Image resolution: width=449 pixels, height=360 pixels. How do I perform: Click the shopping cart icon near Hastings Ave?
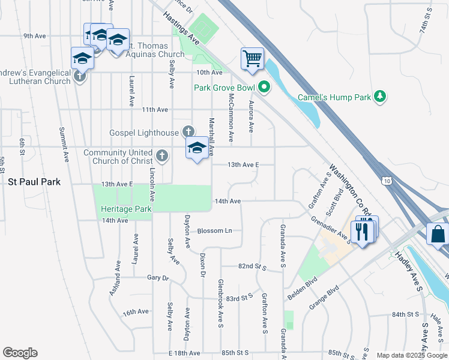pos(253,59)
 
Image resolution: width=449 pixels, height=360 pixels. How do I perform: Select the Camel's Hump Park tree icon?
pos(379,96)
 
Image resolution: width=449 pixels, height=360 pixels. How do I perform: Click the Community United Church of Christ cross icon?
pos(161,157)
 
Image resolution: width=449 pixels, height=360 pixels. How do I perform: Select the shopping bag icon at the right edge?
pos(438,234)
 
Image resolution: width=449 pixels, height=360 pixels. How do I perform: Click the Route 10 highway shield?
pos(387,179)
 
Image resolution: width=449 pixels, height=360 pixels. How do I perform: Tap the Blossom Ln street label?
pos(214,230)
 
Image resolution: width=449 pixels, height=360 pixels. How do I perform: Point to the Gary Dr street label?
pos(158,278)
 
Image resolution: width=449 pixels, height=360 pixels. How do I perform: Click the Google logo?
pos(20,353)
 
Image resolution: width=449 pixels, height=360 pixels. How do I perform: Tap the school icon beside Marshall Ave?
pos(196,149)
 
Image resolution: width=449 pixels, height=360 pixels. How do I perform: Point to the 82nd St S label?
pos(251,265)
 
